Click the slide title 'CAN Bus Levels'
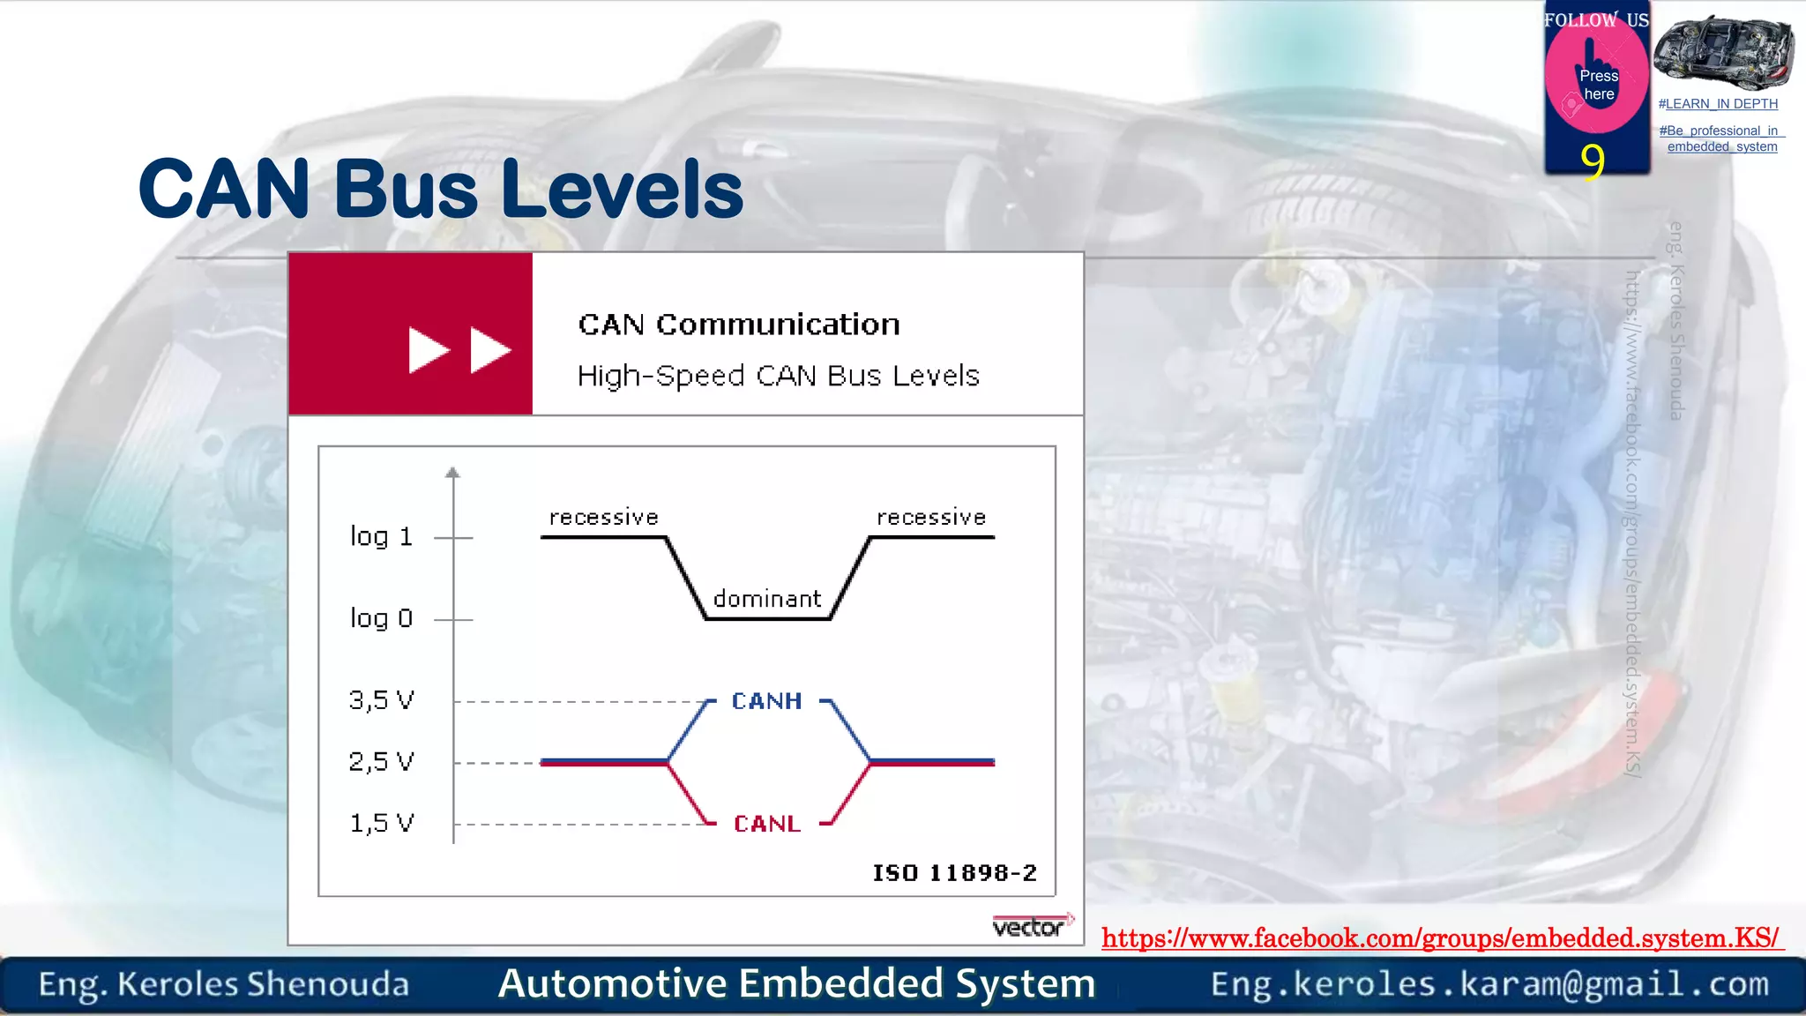point(441,189)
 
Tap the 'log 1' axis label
point(381,536)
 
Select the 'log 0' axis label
point(381,618)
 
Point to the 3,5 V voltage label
point(381,700)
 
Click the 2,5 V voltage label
point(381,761)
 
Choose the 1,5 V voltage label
point(381,823)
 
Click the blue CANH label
point(766,701)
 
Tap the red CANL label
point(766,824)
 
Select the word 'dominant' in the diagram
point(767,599)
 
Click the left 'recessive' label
point(604,517)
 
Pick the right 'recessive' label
point(931,517)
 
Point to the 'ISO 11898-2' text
point(954,873)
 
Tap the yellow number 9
point(1593,161)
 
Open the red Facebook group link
point(1441,938)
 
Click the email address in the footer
point(1489,984)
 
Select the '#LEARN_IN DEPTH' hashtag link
point(1718,104)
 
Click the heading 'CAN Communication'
point(739,325)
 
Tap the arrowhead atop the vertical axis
point(452,473)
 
